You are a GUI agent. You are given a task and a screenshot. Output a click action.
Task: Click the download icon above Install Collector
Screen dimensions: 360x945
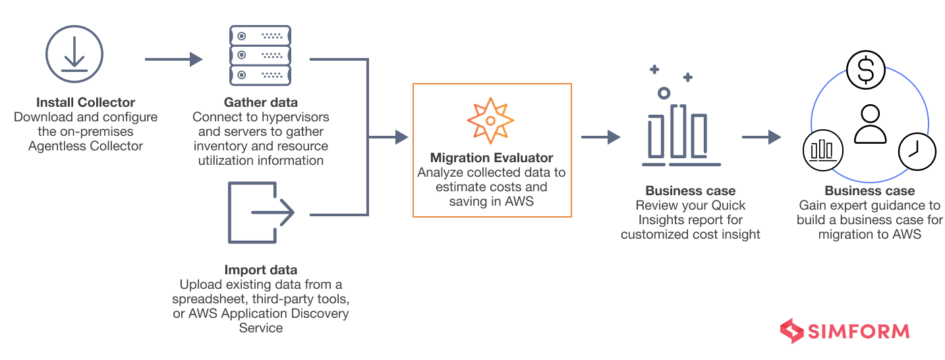tap(73, 53)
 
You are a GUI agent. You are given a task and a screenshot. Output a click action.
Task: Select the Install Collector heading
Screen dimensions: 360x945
tap(86, 102)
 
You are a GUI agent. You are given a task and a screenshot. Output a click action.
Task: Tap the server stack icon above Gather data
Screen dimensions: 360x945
tap(261, 55)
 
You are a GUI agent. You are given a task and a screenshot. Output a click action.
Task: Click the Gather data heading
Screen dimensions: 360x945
tap(261, 102)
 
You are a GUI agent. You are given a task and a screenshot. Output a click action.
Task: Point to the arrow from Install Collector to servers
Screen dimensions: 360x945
tap(173, 59)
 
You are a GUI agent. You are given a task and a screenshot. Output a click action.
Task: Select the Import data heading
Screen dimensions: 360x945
tap(261, 270)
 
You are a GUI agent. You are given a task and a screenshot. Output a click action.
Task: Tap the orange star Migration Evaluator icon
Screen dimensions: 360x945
tap(491, 121)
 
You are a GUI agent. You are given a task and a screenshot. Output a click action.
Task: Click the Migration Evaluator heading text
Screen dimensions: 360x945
tap(492, 158)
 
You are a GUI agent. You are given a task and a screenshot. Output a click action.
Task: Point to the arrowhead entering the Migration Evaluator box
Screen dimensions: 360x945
tap(401, 137)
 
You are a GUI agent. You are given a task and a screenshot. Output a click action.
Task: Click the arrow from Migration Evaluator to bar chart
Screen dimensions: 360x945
tap(600, 137)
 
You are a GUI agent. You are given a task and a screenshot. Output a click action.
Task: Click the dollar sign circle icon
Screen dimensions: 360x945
tap(866, 70)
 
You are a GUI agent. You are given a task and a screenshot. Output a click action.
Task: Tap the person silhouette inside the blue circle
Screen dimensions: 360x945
tap(870, 123)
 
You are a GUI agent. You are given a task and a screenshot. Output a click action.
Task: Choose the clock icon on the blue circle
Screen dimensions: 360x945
tap(917, 152)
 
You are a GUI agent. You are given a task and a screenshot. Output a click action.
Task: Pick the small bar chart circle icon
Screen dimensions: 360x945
tap(822, 151)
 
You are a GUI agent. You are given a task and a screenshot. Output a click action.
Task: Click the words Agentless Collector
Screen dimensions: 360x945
tap(86, 146)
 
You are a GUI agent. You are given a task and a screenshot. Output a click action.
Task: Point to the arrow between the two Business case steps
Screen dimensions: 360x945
tap(761, 137)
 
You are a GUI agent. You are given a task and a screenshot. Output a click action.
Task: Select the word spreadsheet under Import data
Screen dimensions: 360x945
tap(211, 299)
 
